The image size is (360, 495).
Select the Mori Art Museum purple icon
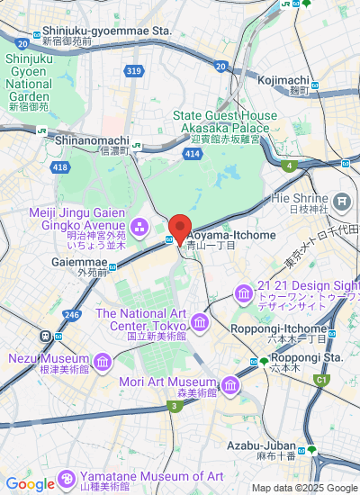231,385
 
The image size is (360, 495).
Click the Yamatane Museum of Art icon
66,476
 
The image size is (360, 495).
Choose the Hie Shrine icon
342,201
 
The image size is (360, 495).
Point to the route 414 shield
191,156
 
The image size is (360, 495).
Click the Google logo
29,484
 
